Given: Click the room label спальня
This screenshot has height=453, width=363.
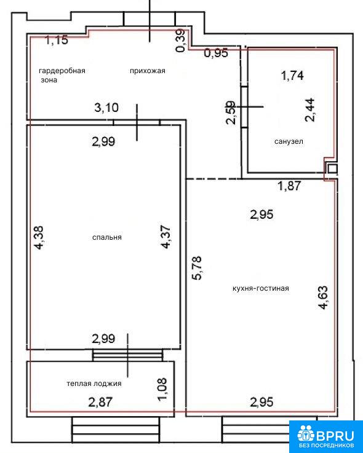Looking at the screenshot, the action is [106, 237].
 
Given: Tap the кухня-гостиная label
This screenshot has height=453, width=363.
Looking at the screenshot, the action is [261, 288].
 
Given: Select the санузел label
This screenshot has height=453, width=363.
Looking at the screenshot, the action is [289, 141].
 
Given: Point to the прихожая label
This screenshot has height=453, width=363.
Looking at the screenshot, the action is [148, 71].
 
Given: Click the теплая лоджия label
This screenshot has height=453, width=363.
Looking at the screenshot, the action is [94, 384].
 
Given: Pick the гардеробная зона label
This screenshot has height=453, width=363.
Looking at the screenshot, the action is [62, 75].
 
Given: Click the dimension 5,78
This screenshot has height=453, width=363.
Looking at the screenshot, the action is [199, 268].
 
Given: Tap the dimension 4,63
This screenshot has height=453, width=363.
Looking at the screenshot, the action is [323, 297].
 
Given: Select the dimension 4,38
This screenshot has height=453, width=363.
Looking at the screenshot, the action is [39, 237].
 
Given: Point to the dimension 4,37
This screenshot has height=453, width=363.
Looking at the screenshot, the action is [166, 237].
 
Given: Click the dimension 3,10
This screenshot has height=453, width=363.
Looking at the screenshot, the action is [106, 108].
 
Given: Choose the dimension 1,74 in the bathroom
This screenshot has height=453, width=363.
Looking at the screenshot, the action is [292, 76].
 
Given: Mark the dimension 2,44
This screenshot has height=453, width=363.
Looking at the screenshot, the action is [309, 110].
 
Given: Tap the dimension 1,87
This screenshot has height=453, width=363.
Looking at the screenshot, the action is [289, 186].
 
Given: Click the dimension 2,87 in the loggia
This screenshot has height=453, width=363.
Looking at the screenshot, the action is [100, 402].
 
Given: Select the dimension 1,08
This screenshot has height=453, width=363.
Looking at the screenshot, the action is [162, 389].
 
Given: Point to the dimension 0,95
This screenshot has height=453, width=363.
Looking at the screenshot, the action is [217, 53].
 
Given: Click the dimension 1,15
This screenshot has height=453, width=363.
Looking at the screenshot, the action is [57, 40].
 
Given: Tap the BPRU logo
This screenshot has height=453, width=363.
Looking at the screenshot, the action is [325, 436].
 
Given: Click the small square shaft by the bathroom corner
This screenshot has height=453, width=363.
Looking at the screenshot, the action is [332, 168].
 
